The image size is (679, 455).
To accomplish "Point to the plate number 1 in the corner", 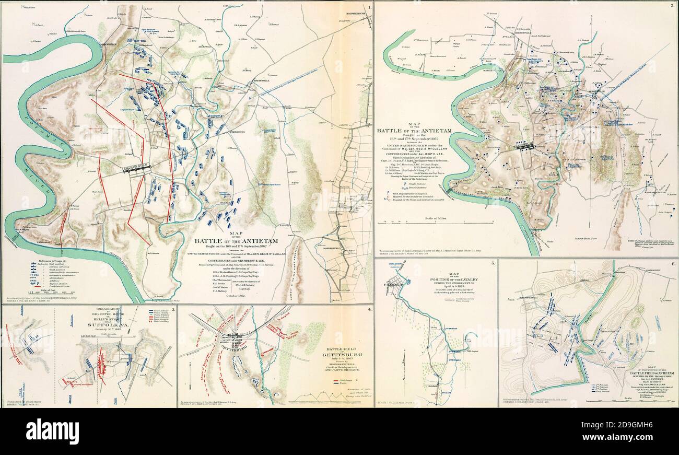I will (369, 7).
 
